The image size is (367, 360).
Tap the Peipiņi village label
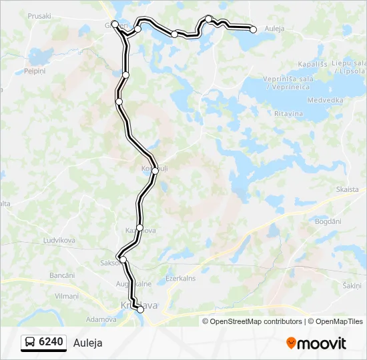(x=34, y=71)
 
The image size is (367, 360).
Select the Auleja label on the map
(x=274, y=29)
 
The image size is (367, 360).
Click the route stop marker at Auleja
(x=253, y=29)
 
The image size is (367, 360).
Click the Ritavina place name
(x=288, y=114)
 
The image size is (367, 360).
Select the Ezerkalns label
(x=180, y=279)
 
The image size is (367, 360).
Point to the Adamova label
(x=101, y=319)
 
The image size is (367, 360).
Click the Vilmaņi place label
(x=67, y=295)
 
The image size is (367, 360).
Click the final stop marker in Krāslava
(x=140, y=309)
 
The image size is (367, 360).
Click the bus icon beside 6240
(x=30, y=343)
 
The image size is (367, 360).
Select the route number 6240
(x=51, y=343)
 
